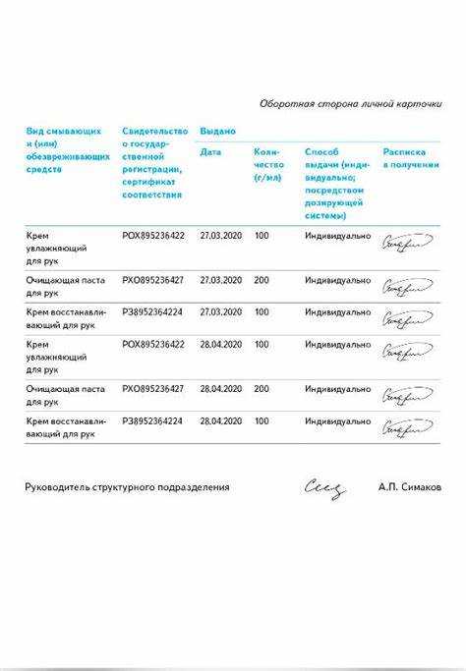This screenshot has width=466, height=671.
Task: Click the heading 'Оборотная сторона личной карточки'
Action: click(x=350, y=103)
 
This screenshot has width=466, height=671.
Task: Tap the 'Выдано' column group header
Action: click(x=217, y=131)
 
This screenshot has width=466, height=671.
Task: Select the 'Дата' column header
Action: click(x=210, y=152)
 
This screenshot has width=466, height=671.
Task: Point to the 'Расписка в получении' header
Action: click(x=411, y=158)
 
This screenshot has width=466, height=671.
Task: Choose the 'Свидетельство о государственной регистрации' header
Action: click(x=154, y=162)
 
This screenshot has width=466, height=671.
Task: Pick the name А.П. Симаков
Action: click(x=409, y=487)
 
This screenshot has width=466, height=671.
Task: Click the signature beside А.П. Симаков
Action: click(x=324, y=487)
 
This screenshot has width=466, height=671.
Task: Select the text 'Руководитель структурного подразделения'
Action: click(x=127, y=487)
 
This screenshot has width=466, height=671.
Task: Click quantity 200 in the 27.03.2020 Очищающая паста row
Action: click(x=262, y=280)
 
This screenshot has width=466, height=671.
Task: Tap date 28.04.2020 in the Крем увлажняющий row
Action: click(x=220, y=345)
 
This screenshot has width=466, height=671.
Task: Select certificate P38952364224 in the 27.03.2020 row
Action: click(x=152, y=312)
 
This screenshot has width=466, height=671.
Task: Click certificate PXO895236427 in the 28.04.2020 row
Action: click(x=152, y=389)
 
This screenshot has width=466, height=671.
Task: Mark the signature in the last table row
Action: click(x=406, y=427)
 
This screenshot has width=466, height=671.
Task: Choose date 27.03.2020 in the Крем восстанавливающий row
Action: click(x=220, y=312)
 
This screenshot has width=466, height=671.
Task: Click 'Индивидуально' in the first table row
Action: click(x=337, y=236)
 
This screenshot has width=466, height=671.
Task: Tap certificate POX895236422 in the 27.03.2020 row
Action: click(x=152, y=236)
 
